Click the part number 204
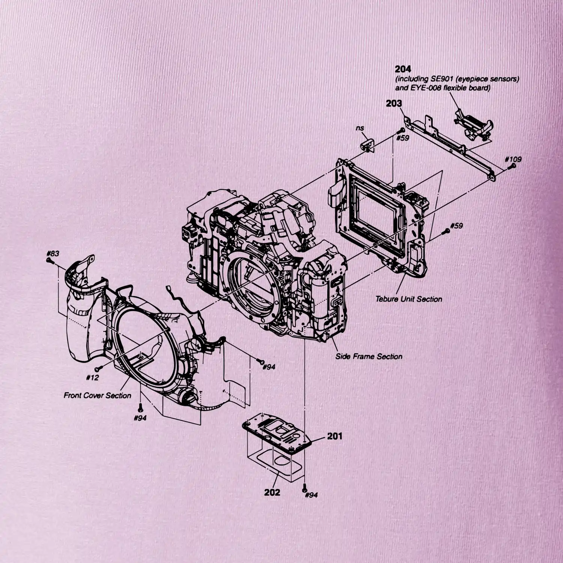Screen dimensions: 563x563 tap(403, 69)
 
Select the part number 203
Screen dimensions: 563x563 tap(394, 103)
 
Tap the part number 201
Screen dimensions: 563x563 tap(335, 436)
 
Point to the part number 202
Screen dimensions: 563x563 tap(272, 492)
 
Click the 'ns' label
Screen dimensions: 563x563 tap(360, 128)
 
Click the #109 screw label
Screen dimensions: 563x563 tap(513, 159)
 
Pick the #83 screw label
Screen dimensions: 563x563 tap(53, 253)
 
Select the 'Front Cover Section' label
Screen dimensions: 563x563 tap(98, 395)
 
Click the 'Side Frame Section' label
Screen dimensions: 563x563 tap(369, 357)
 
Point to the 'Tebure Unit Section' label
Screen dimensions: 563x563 tap(409, 299)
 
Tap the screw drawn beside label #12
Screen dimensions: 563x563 tap(99, 369)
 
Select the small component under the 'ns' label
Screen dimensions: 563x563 tap(366, 145)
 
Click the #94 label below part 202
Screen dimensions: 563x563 tap(311, 495)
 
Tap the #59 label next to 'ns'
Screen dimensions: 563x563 tap(403, 138)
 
